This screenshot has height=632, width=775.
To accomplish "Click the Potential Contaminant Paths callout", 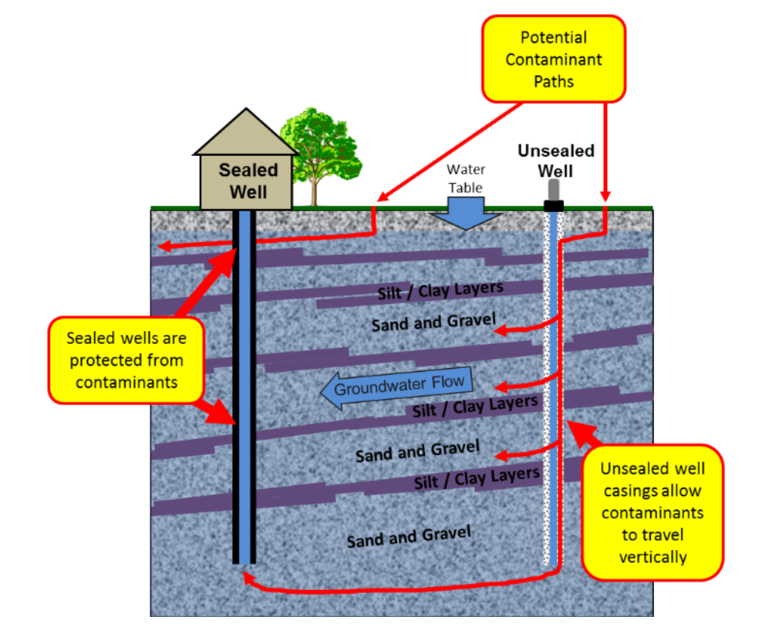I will pos(553,59).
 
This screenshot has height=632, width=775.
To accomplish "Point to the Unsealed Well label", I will pos(555,160).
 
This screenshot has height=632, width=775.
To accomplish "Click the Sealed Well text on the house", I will pos(248,181).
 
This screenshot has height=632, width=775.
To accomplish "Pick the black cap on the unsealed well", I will pos(554,205).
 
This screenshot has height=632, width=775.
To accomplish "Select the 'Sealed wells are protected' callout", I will pos(126,360).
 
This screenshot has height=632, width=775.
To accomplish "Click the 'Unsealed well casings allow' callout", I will pos(652,512).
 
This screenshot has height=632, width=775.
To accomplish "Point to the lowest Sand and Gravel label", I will pos(408,537).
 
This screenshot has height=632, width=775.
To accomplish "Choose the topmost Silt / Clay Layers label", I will pos(439,290).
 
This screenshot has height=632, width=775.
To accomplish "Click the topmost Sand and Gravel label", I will pos(433,323).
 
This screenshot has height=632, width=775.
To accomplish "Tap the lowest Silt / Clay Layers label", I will pos(476,478).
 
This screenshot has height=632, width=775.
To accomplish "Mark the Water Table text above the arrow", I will pos(466,178).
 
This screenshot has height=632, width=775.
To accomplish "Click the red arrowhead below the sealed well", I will pos(246,578).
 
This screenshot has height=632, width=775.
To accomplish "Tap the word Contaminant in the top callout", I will pos(553,59).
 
